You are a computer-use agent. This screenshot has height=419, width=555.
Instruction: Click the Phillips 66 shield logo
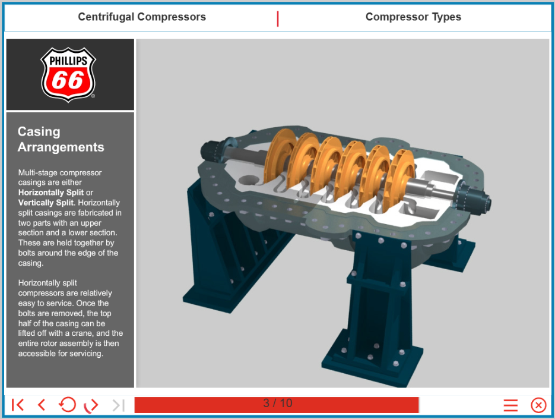[x=68, y=75]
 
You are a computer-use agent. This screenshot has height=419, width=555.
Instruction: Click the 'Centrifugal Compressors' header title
[x=142, y=17]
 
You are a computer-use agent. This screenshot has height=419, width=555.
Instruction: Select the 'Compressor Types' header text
[x=413, y=17]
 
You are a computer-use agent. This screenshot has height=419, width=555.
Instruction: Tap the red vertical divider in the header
[x=278, y=19]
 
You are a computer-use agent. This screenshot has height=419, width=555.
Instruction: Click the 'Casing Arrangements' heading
[x=61, y=139]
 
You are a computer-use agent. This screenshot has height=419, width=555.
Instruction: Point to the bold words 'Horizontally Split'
[x=51, y=193]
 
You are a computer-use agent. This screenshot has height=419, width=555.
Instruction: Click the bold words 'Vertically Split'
[x=46, y=203]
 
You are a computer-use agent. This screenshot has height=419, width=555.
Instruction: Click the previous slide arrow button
[x=42, y=405]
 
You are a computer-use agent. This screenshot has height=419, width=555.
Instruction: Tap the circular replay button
[x=67, y=405]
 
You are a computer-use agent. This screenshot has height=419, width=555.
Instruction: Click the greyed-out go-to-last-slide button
[x=119, y=405]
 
